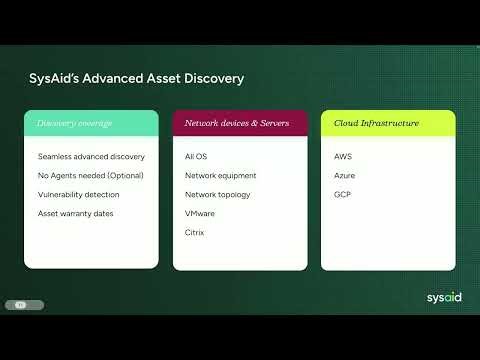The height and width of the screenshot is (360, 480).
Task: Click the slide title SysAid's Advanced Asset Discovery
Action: point(134,78)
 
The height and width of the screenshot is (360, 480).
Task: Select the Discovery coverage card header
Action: point(73,124)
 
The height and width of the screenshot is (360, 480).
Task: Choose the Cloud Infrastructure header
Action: point(376,124)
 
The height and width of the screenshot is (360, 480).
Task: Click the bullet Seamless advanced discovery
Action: point(91,157)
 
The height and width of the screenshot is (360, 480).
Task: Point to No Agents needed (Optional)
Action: point(91,176)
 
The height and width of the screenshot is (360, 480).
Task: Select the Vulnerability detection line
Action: point(78,195)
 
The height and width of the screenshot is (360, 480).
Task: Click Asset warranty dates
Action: point(76,214)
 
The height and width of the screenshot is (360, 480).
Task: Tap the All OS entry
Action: point(196,157)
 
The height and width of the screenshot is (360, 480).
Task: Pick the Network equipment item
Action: point(221,176)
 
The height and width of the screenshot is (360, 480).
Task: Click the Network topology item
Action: point(218,195)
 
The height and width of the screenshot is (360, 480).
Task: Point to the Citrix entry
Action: point(195,233)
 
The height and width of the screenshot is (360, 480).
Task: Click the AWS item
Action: point(344,157)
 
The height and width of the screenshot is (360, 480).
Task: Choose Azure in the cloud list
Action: point(345,176)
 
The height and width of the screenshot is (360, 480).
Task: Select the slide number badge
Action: point(19,304)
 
